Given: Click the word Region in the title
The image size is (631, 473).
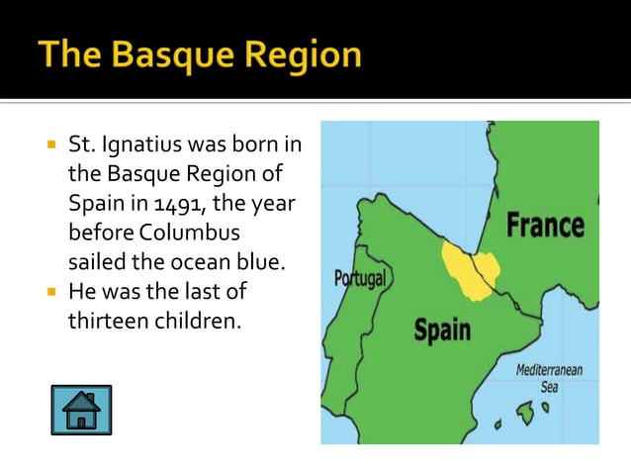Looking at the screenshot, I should pyautogui.click(x=309, y=55).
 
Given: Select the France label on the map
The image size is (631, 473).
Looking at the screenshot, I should pyautogui.click(x=545, y=227).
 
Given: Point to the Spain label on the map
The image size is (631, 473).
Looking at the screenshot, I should pyautogui.click(x=441, y=330).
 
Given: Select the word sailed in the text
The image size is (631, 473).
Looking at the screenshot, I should pyautogui.click(x=95, y=264).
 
